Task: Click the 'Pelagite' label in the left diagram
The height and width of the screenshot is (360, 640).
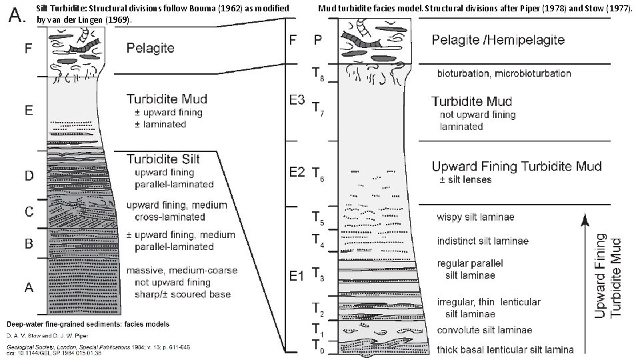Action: [151, 48]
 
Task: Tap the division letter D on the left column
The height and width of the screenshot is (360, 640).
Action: [29, 175]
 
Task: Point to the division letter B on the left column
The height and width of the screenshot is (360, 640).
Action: [29, 244]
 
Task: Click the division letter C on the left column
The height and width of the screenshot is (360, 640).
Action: [29, 212]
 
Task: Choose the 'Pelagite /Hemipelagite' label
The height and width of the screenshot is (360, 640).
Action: [498, 40]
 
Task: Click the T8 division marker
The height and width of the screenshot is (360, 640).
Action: [320, 76]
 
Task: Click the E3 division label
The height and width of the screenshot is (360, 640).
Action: [296, 100]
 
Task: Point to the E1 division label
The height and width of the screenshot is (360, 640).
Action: [296, 275]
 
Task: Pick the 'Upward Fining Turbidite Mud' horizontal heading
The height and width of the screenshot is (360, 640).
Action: [517, 166]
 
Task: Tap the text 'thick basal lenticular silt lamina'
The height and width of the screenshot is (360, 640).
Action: [505, 349]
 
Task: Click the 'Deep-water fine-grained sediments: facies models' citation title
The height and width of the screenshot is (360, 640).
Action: [88, 324]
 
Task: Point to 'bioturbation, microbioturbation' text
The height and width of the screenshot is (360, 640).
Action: [505, 73]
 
